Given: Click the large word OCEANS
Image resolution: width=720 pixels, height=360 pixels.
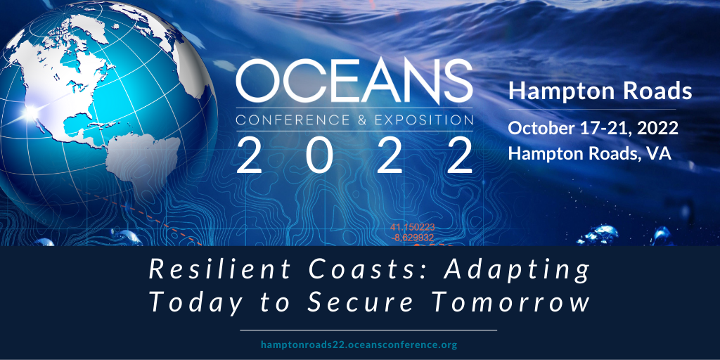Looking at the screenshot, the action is (x=354, y=82).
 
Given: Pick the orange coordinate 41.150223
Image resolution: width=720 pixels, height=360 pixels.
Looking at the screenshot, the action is (x=413, y=227).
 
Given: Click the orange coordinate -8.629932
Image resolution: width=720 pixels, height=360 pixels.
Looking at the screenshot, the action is (x=412, y=238).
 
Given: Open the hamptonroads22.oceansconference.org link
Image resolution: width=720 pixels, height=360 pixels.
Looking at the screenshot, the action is (x=359, y=345).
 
